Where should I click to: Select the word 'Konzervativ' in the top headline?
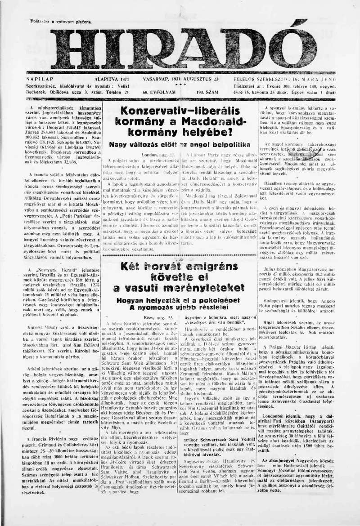click(x=149, y=111)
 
